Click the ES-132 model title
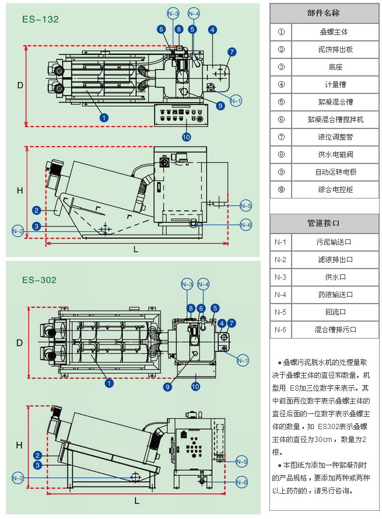pos(40,19)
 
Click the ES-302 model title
pos(40,280)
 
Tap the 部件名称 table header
pos(323,13)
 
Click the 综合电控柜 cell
pos(335,189)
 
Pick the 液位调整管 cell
pos(335,137)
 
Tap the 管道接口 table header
pos(323,224)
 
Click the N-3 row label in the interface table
pos(281,277)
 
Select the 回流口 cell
pos(335,312)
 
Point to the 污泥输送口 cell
pos(335,242)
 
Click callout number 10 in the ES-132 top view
pos(186,137)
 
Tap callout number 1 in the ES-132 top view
pos(104,117)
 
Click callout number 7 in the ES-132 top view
pos(232,53)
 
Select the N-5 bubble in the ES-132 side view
pos(246,205)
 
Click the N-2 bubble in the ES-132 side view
pos(18,232)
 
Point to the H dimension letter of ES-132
pos(19,190)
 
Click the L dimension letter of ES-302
pos(136,500)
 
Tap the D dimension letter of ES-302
pos(19,342)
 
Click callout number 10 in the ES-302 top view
pos(195,386)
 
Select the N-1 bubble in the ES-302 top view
pos(243,359)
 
